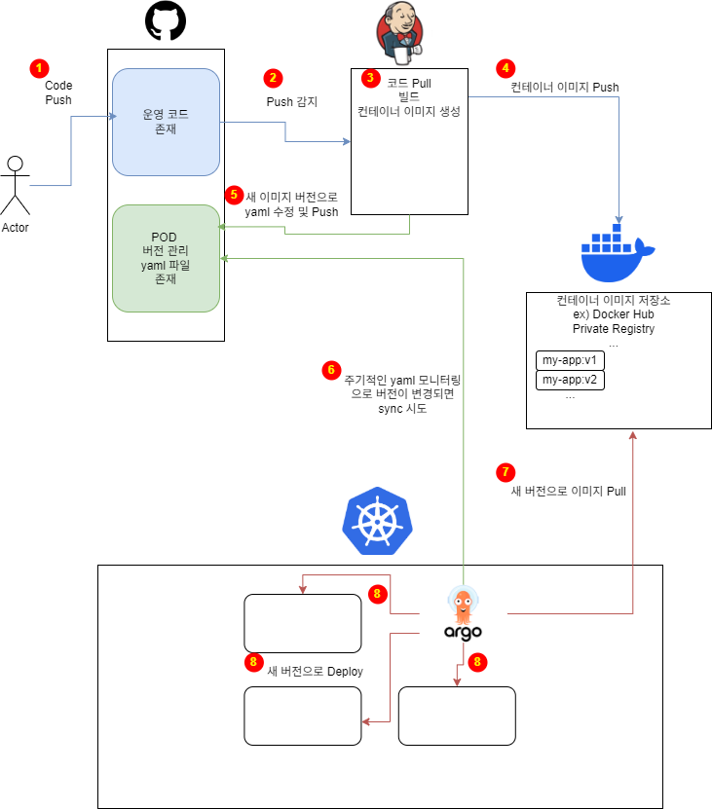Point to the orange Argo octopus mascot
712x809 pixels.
point(463,606)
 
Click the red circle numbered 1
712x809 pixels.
point(39,68)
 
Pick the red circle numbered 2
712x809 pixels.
point(273,78)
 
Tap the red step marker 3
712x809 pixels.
point(370,77)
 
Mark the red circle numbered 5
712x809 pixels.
point(234,194)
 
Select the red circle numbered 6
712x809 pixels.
point(331,370)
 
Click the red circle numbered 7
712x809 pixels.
point(505,472)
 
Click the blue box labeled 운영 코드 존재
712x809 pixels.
point(166,122)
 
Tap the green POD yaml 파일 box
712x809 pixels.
point(166,258)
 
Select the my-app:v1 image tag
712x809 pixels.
point(570,360)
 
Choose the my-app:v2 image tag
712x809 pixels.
point(570,380)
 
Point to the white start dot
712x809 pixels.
point(15,164)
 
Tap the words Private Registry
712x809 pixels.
point(614,329)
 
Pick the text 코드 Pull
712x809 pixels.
point(409,84)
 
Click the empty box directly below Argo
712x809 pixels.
point(457,716)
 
